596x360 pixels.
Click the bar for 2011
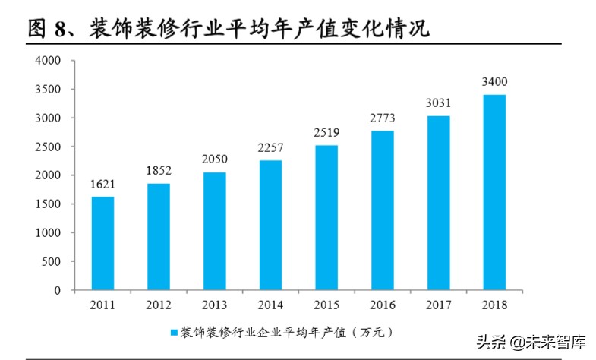102,243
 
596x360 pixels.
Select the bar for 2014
271,225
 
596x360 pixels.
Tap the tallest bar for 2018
494,192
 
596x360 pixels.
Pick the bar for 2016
383,210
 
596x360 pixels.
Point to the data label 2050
214,159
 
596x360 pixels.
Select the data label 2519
326,132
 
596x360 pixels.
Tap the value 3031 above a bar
438,104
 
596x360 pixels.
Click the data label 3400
494,82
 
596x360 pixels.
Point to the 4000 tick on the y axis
49,61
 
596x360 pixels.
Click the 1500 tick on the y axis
49,204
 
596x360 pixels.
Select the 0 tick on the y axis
57,290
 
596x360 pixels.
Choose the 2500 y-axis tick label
49,147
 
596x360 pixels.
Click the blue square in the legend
174,333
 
